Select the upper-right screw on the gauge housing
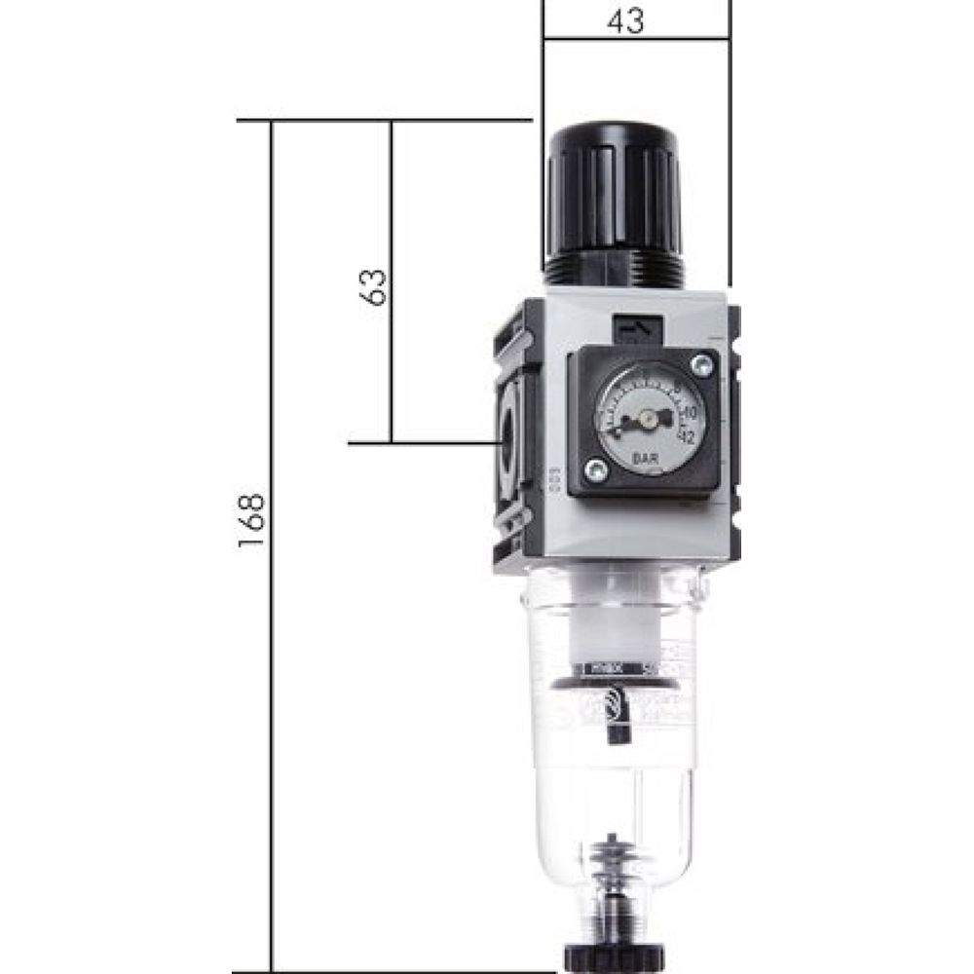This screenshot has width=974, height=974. [699, 365]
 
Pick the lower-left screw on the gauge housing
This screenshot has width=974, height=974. [598, 472]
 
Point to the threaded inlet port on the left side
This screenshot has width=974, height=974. [506, 438]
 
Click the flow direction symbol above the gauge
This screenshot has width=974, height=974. [637, 331]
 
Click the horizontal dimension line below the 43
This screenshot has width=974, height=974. [633, 40]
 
